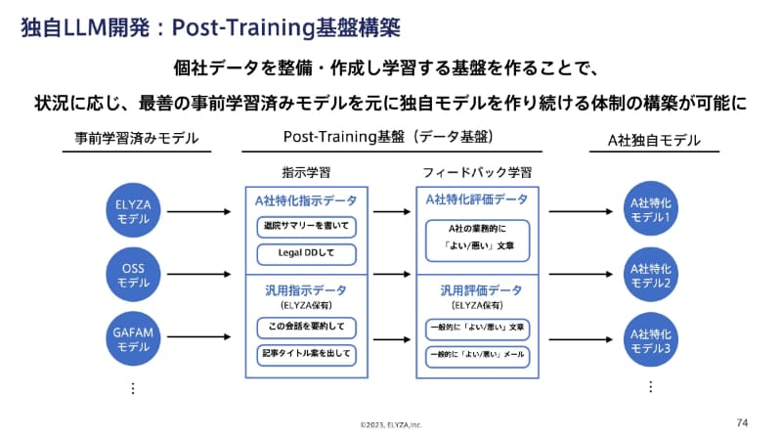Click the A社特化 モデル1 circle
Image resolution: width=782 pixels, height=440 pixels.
[x=650, y=211]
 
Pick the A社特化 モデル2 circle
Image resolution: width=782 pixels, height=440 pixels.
[x=650, y=276]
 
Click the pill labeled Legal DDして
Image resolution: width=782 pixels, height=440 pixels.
[x=306, y=255]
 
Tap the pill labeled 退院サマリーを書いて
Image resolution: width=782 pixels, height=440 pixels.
[x=306, y=228]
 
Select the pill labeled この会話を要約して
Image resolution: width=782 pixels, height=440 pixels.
[x=306, y=327]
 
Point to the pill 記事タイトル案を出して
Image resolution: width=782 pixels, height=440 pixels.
[x=306, y=353]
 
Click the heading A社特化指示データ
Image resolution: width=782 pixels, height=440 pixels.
[x=306, y=200]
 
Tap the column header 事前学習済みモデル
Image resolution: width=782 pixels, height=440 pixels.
[x=136, y=140]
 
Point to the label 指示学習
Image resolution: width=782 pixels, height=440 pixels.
[x=306, y=172]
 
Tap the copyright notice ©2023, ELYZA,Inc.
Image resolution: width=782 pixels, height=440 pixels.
[x=390, y=425]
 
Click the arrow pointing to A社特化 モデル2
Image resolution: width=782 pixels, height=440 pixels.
[x=581, y=276]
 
